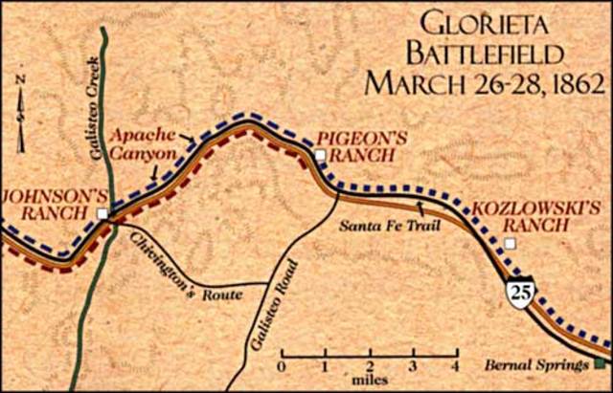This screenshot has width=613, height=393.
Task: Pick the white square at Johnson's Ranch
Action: pos(102,213)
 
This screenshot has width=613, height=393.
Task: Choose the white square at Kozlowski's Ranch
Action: pos(511,245)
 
